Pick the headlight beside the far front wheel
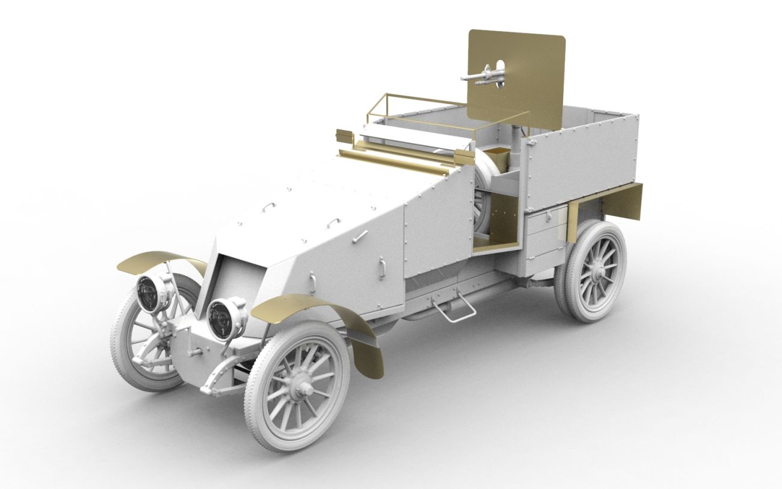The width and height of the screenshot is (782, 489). tap(151, 291)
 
